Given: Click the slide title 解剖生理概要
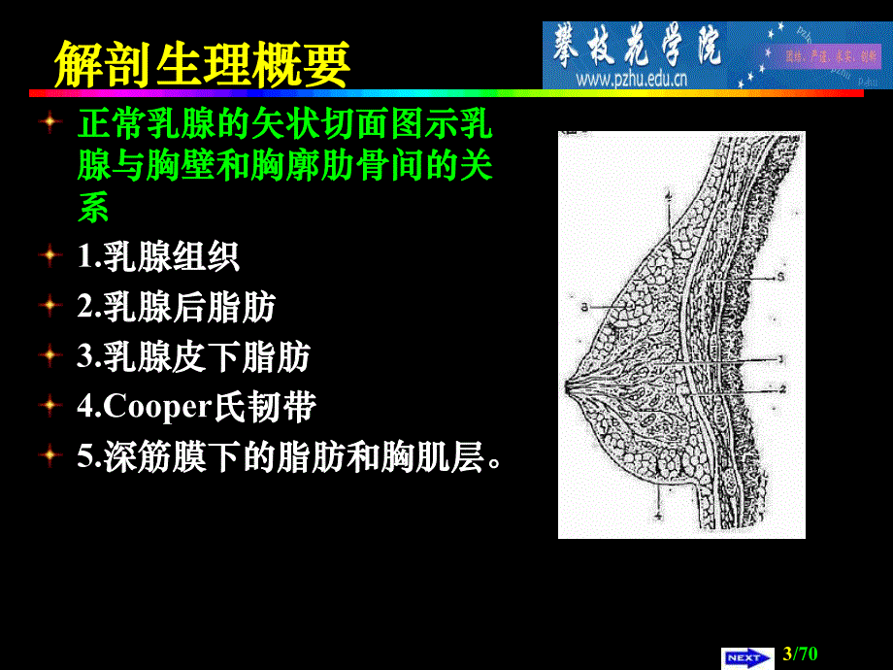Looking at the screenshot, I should point(201,64).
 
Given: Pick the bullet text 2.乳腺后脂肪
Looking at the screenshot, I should point(176,308).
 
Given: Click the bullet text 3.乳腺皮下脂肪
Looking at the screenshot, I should point(193,357).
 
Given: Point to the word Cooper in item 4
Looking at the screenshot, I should point(156,407).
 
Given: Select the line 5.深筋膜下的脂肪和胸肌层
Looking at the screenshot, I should point(291,456).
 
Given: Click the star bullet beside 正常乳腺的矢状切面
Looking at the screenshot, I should point(50,123).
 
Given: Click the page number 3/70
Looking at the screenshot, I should point(801,655).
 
